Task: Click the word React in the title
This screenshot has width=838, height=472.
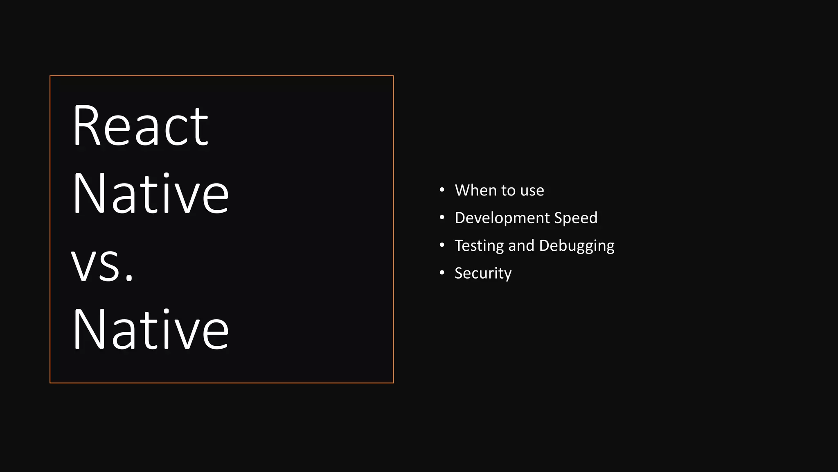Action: coord(140,126)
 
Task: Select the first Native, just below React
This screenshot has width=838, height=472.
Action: coord(151,193)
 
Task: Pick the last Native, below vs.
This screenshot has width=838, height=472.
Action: coord(151,329)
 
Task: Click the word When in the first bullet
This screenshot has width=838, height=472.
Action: coord(476,191)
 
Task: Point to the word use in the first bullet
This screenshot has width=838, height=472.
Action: coord(532,191)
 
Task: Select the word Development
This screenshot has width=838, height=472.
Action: coord(502,218)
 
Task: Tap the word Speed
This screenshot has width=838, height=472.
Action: coord(576,218)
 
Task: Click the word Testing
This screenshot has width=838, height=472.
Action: coord(479,246)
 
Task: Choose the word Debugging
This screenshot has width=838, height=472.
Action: coord(577,246)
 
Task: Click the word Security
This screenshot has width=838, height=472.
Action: coord(483,273)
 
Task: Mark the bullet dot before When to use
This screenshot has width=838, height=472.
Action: coord(442,190)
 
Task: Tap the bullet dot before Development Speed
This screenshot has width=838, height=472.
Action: coord(442,218)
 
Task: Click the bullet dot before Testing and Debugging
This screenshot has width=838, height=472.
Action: coord(442,245)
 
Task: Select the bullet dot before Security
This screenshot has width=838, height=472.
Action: coord(442,272)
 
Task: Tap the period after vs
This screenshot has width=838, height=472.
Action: coord(129,279)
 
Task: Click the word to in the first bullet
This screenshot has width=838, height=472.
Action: coord(509,191)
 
